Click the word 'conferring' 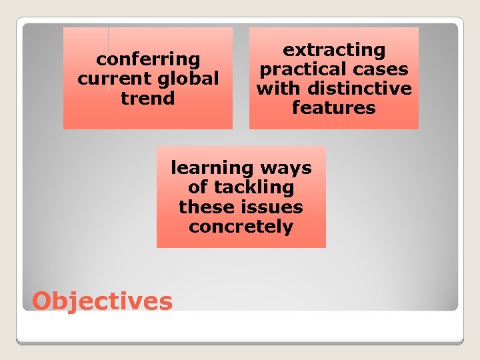(x=148, y=60)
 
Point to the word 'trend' (x=148, y=99)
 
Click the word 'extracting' (x=334, y=50)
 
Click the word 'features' (x=334, y=108)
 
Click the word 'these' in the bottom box (x=203, y=207)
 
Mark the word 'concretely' (x=241, y=227)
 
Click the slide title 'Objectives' (x=102, y=301)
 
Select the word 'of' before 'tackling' (x=198, y=187)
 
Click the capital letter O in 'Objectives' (x=43, y=301)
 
